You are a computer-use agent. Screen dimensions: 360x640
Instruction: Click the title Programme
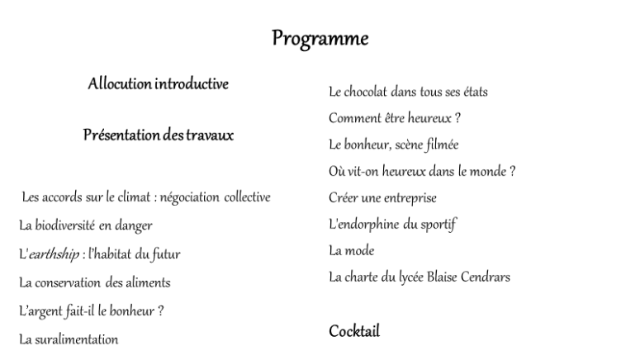click(x=320, y=39)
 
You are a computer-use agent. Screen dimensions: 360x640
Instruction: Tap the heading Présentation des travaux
click(x=159, y=135)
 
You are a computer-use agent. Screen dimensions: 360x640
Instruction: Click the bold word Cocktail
click(x=354, y=331)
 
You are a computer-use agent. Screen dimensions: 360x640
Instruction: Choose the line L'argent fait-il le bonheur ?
click(x=91, y=311)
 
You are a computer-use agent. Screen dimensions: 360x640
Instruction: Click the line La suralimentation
click(x=69, y=339)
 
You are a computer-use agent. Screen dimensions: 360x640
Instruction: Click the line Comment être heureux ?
click(x=394, y=118)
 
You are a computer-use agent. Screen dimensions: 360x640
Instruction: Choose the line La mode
click(x=351, y=250)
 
